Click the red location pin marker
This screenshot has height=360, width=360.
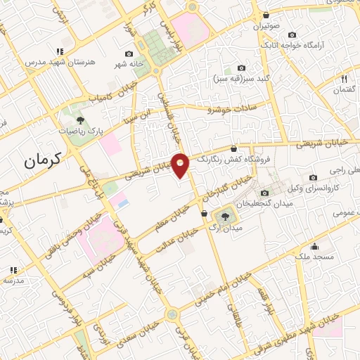(x=181, y=165)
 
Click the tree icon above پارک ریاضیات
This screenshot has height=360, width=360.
(x=80, y=120)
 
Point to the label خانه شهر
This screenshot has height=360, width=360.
(x=129, y=64)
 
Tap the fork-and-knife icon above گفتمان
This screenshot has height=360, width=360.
(x=344, y=79)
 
